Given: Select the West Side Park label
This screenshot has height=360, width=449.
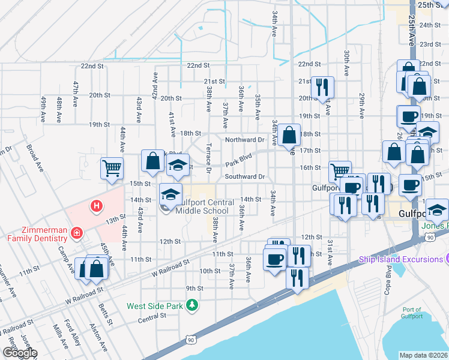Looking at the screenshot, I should [154, 306].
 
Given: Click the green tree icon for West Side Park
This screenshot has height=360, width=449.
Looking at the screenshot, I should [192, 306].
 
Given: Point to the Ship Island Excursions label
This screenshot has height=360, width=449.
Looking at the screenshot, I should [400, 259].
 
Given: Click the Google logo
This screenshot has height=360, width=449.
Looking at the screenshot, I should [20, 353].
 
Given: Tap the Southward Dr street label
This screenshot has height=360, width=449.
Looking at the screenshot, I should [245, 177].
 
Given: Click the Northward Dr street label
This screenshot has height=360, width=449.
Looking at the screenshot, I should [245, 140].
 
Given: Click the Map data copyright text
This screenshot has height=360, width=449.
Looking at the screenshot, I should [424, 355].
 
